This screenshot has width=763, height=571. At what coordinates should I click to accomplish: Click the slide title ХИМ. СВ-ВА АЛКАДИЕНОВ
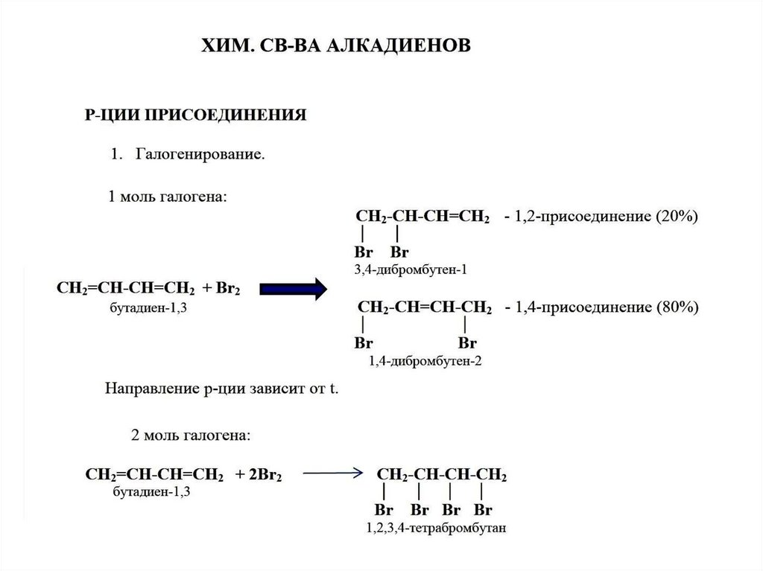[337, 47]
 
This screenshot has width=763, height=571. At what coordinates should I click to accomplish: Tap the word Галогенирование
[200, 156]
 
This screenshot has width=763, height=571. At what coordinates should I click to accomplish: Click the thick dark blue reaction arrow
[294, 288]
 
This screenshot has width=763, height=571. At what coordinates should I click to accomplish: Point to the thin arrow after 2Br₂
[332, 473]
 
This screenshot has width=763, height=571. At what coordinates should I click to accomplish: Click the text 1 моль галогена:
[167, 197]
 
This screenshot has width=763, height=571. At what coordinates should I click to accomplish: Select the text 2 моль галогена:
[191, 434]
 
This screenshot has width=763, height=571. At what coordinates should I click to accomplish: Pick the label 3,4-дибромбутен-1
[411, 269]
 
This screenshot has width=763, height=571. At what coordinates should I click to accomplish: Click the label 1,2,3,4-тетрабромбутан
[436, 529]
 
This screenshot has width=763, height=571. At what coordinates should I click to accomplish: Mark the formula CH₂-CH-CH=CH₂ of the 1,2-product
[422, 217]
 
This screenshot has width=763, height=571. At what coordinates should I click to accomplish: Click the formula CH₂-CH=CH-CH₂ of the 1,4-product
[425, 307]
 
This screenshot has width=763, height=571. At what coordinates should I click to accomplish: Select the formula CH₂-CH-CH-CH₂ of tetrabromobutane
[443, 474]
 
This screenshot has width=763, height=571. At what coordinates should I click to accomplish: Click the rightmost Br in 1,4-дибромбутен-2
[467, 343]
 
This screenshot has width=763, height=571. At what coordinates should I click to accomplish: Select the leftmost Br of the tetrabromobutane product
[383, 511]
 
